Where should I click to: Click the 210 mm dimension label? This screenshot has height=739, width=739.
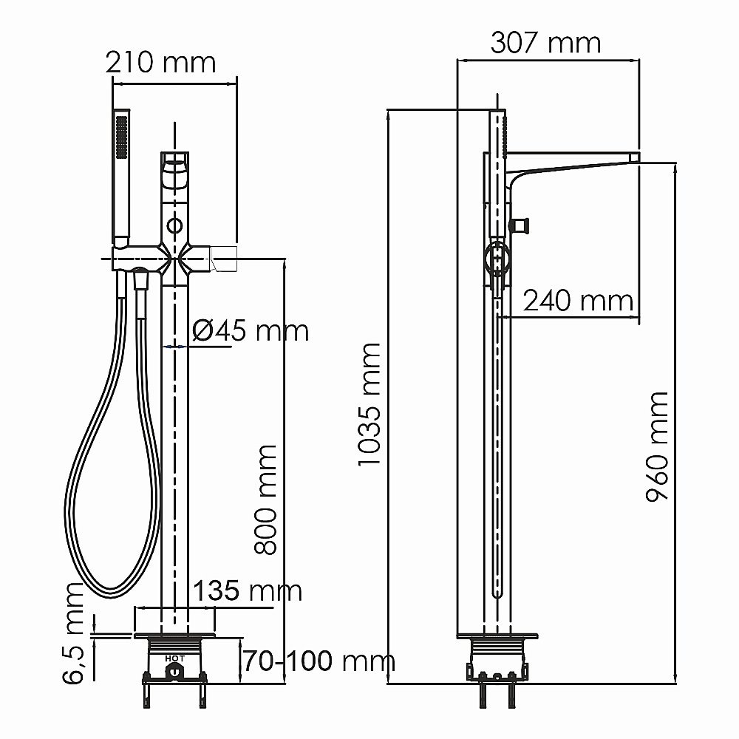tap(161, 61)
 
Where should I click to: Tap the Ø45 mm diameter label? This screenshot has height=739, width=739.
tap(250, 330)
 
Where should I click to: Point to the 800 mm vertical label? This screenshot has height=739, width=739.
tap(265, 499)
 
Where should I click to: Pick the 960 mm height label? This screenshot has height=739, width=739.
tap(656, 447)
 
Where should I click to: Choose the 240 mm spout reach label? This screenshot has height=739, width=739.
tap(578, 301)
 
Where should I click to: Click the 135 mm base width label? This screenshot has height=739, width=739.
tap(248, 590)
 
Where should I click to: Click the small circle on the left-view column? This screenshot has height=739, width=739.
tap(175, 225)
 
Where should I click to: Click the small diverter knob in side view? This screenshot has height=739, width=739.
tap(522, 225)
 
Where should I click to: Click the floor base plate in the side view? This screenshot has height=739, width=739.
tap(497, 635)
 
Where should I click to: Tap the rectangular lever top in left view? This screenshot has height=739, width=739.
tap(175, 158)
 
